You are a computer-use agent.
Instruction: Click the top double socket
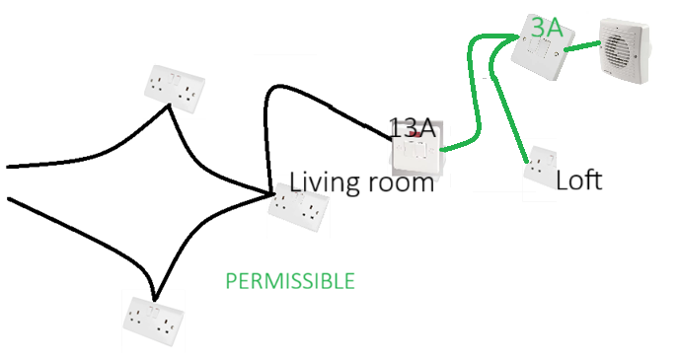pos(175,89)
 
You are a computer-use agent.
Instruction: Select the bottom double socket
pos(154,321)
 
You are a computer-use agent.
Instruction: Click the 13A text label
pos(413,128)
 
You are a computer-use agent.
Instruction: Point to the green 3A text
pos(547,28)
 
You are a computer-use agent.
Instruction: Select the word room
pos(402,183)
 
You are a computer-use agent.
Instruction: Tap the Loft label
pos(578,180)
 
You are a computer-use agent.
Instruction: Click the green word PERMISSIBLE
pos(290,281)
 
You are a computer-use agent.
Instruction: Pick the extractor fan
pos(625,50)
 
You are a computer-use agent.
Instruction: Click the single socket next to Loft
pos(540,168)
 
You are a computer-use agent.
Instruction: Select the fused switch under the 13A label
pos(417,149)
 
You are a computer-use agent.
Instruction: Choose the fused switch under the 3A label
pos(543,46)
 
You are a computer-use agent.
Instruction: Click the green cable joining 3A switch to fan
pos(582,46)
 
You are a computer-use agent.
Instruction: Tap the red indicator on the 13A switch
pos(415,135)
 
